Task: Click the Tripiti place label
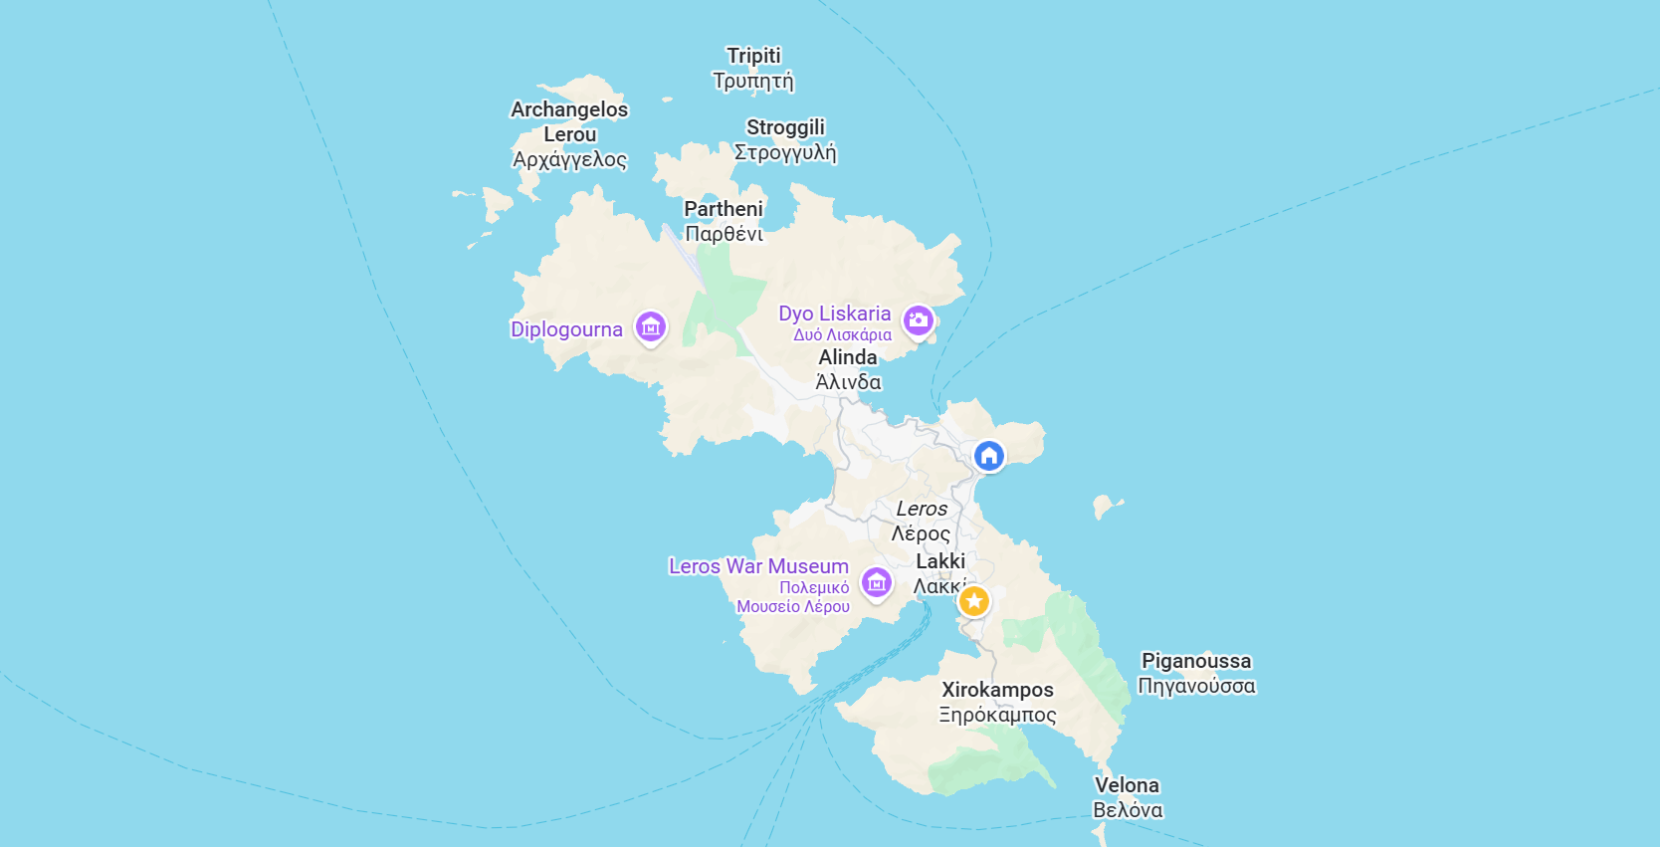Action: [x=753, y=68]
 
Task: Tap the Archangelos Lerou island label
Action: [x=569, y=134]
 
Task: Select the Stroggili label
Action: [x=785, y=139]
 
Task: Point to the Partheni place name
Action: [x=724, y=221]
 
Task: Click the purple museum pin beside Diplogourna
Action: [x=651, y=326]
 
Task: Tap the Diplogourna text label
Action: [x=566, y=329]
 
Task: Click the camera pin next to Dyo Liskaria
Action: [x=918, y=320]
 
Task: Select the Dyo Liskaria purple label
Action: [x=834, y=321]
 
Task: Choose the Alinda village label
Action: [x=848, y=369]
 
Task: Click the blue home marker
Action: [x=988, y=456]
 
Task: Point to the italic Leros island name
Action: [x=922, y=521]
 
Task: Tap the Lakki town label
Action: [x=939, y=573]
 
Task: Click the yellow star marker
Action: [x=974, y=601]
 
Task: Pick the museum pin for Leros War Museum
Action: [x=876, y=582]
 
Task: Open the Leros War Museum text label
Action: [x=758, y=584]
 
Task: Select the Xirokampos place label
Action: [x=997, y=702]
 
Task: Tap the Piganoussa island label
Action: [x=1196, y=673]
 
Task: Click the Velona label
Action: [x=1128, y=797]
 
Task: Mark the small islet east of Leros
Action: [x=1104, y=507]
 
